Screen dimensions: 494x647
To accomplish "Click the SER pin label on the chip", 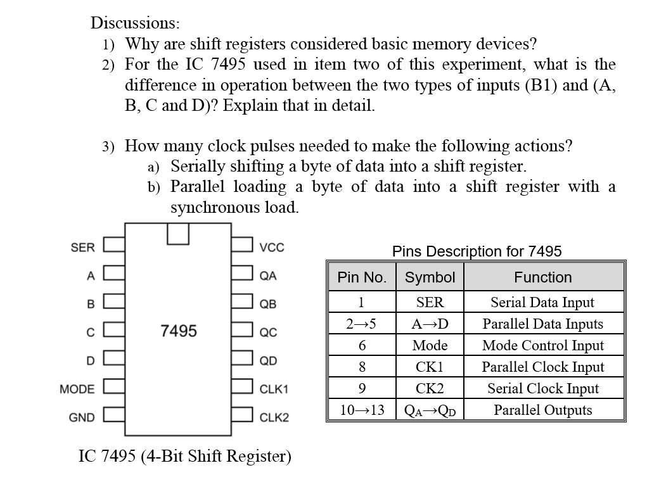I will pyautogui.click(x=82, y=247).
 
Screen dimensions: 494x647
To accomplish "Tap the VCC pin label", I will pyautogui.click(x=272, y=248).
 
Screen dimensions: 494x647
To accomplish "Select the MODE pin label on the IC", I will pyautogui.click(x=77, y=389).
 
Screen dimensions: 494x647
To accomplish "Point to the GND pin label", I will pyautogui.click(x=81, y=417).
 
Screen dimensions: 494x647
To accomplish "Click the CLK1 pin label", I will pyautogui.click(x=274, y=389).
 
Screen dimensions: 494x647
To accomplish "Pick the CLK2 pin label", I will pyautogui.click(x=274, y=417).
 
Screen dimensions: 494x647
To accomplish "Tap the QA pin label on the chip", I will pyautogui.click(x=268, y=275).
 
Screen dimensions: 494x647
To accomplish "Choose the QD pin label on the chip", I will pyautogui.click(x=268, y=361).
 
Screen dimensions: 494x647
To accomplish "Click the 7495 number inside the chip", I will pyautogui.click(x=179, y=331).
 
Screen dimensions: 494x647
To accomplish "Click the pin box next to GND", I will pyautogui.click(x=113, y=417).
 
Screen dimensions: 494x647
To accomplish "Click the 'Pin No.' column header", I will pyautogui.click(x=362, y=277).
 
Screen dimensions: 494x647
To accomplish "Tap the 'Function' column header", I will pyautogui.click(x=542, y=277).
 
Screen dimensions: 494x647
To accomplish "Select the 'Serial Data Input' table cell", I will pyautogui.click(x=542, y=302).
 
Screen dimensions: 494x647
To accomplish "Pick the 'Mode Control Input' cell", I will pyautogui.click(x=542, y=345).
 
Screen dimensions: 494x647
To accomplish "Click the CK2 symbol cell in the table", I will pyautogui.click(x=430, y=388).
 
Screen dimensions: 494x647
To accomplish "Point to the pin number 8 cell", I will pyautogui.click(x=362, y=367).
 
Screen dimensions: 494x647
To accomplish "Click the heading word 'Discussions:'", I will pyautogui.click(x=135, y=23).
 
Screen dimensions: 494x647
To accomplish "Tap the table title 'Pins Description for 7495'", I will pyautogui.click(x=477, y=251).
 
